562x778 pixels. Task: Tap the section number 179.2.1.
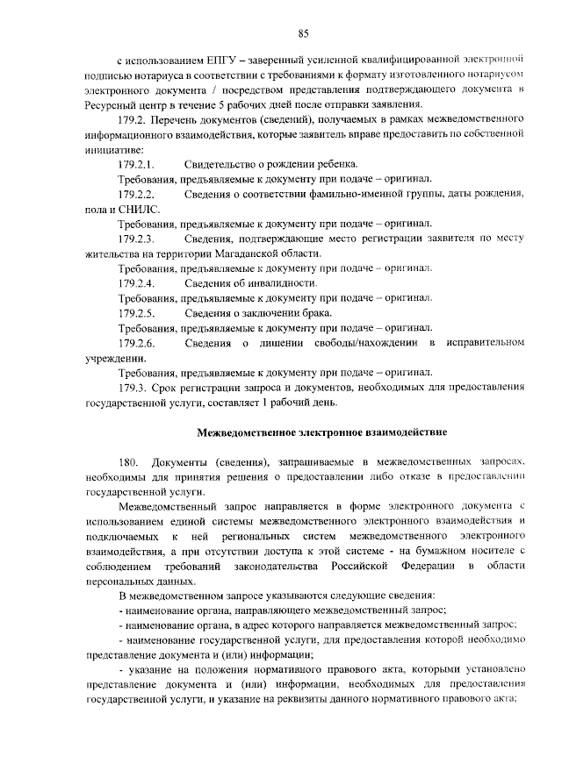[x=135, y=164]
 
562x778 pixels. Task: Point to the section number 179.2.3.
[x=135, y=238]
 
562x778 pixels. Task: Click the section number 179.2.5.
[x=135, y=312]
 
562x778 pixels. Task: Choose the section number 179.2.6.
[x=135, y=342]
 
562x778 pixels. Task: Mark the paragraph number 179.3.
[x=132, y=387]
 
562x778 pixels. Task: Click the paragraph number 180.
[x=127, y=462]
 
